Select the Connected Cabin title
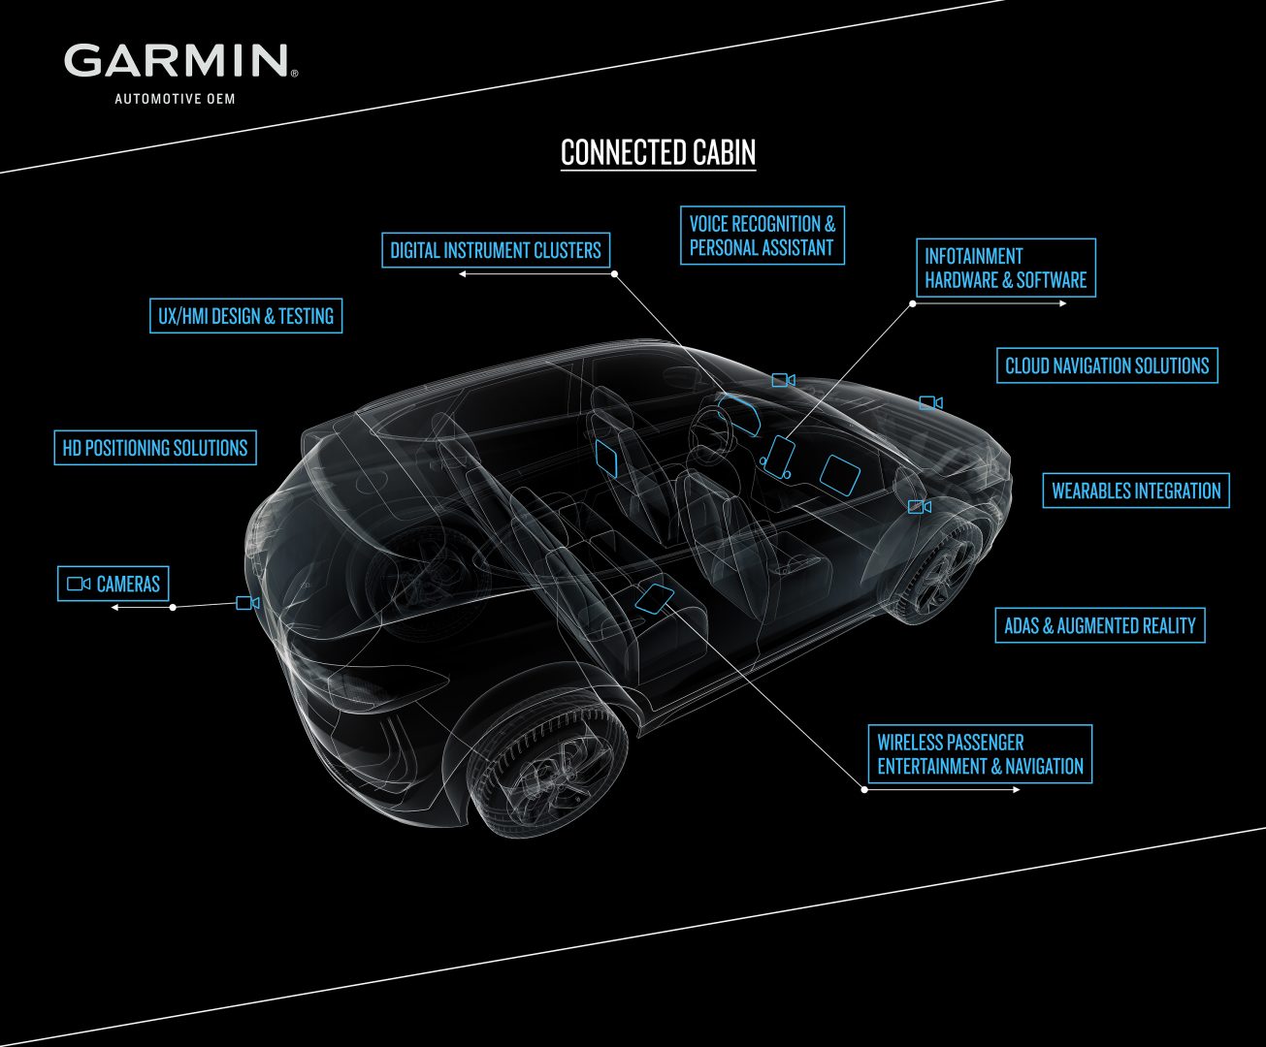(658, 153)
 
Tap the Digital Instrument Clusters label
(495, 250)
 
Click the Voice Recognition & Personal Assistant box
(762, 236)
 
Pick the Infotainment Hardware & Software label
(1005, 268)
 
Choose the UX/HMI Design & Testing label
(245, 316)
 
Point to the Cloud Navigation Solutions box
(1106, 366)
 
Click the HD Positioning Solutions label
(155, 448)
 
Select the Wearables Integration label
(1135, 491)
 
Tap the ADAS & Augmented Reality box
(1099, 625)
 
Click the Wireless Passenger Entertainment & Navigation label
(980, 754)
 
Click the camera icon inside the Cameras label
(79, 584)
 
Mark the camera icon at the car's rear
(247, 603)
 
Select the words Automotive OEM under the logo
(175, 99)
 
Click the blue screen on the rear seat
(656, 598)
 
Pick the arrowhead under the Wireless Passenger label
(1016, 790)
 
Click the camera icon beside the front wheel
(919, 507)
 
